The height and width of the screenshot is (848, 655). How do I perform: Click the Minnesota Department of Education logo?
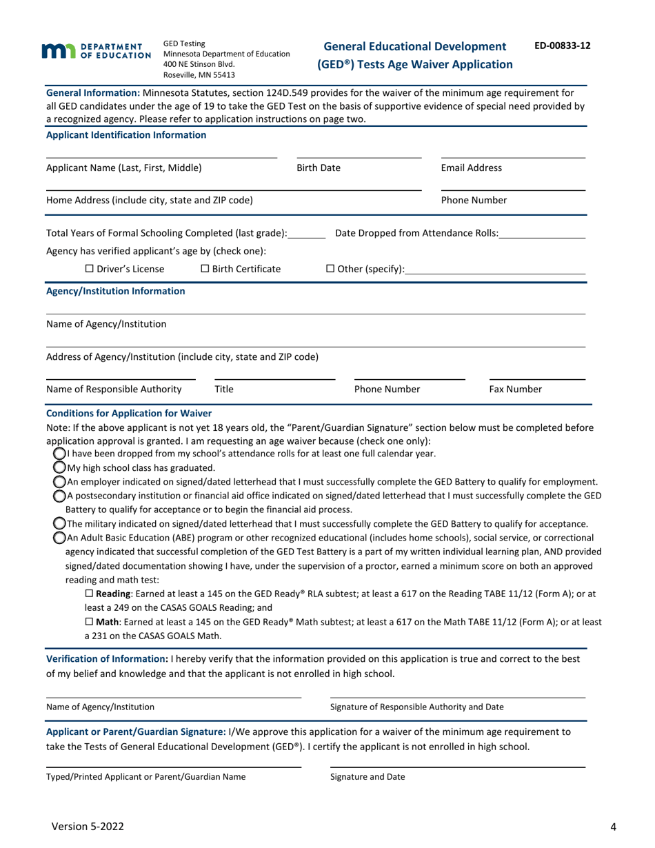96,50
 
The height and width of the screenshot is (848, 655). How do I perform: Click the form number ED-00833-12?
562,46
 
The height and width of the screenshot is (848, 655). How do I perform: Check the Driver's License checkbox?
89,268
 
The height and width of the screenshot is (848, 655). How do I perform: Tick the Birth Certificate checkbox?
205,268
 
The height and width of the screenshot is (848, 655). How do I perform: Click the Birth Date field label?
318,168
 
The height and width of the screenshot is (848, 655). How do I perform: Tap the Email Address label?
471,168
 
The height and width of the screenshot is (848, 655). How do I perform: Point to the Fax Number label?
515,390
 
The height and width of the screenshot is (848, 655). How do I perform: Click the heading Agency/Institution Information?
115,291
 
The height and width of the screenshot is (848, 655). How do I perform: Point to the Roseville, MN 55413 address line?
199,75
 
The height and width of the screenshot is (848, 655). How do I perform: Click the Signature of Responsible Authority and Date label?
416,707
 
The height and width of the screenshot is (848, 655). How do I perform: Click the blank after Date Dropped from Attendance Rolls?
542,233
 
